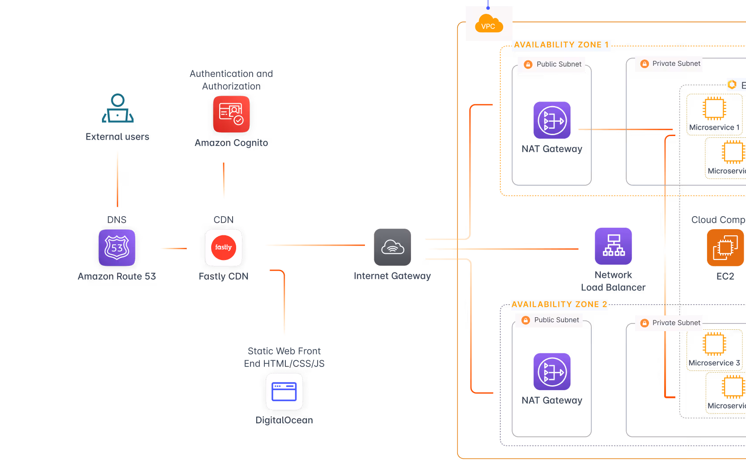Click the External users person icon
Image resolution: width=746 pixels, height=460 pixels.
click(x=118, y=108)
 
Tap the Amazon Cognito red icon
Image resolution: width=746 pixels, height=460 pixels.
click(x=231, y=114)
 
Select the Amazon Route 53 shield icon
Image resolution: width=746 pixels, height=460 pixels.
click(x=117, y=247)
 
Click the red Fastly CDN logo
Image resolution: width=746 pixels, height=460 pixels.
click(x=224, y=247)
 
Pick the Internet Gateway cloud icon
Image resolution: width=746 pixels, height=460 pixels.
click(x=392, y=247)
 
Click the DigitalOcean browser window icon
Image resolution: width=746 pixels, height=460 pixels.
click(x=284, y=392)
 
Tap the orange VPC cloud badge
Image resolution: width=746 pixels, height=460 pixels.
click(x=488, y=24)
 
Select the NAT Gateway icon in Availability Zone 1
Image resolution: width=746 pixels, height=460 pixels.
click(x=552, y=120)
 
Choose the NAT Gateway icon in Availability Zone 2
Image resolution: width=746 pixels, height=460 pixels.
click(x=552, y=371)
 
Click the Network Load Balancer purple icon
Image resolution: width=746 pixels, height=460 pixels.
click(x=613, y=246)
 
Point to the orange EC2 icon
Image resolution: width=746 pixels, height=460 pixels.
click(x=725, y=247)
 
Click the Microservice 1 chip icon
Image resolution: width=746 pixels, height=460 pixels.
click(x=714, y=108)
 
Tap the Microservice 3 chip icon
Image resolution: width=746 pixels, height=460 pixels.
click(x=714, y=344)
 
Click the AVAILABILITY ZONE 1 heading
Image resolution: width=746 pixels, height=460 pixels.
click(x=561, y=45)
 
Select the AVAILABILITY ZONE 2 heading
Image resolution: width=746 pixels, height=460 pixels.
click(x=559, y=304)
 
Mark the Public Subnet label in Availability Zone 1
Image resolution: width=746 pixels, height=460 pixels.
click(x=559, y=64)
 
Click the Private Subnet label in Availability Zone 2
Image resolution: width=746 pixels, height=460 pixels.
click(x=676, y=323)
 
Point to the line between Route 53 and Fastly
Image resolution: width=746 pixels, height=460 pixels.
click(x=174, y=248)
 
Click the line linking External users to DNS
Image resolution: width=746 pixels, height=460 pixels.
click(x=118, y=179)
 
